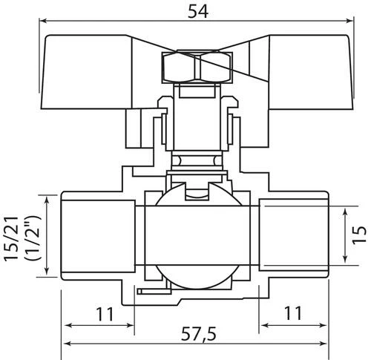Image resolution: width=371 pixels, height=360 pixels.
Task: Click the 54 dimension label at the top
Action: point(198,11)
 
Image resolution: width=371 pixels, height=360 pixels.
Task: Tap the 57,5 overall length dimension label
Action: point(198,334)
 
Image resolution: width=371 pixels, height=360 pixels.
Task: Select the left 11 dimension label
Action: point(105,314)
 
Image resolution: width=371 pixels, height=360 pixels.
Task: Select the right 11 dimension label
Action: point(293,313)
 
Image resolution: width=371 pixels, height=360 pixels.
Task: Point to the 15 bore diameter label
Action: point(359,235)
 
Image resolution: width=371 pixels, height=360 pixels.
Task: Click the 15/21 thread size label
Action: point(11,238)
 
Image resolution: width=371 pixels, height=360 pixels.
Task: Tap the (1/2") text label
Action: point(33,238)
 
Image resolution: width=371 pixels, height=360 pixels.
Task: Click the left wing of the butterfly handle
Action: point(87,72)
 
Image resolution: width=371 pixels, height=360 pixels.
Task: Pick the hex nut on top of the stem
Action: point(197,67)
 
